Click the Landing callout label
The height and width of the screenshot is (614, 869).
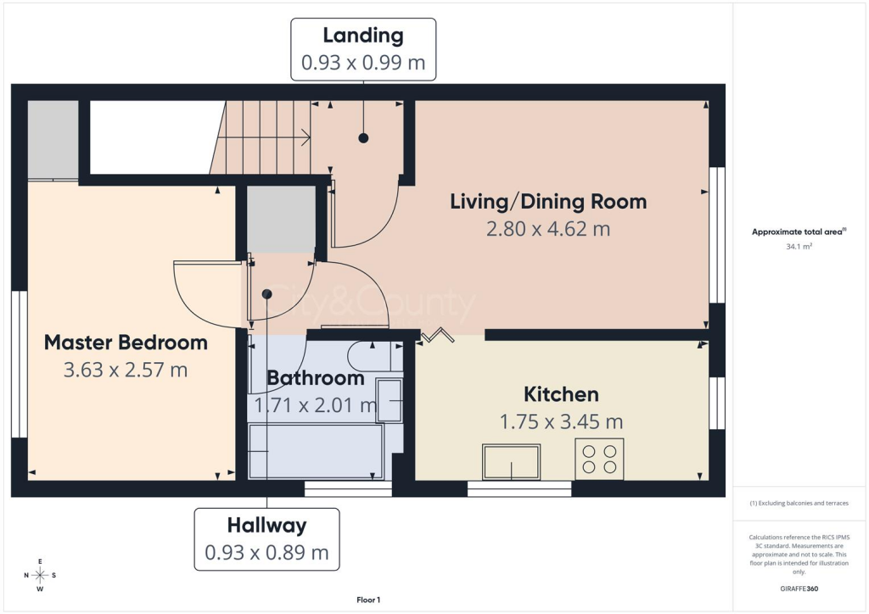(x=363, y=36)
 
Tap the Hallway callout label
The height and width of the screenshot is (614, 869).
(x=266, y=525)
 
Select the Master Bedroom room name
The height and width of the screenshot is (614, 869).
(x=126, y=342)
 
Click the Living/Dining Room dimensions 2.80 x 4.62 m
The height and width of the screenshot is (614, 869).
(x=548, y=229)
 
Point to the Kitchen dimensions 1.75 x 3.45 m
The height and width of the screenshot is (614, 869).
(x=562, y=421)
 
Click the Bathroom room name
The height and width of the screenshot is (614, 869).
(x=316, y=378)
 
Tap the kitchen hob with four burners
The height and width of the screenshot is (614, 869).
(x=599, y=459)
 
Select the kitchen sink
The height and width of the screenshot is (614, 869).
(x=511, y=461)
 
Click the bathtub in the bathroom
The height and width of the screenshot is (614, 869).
(x=316, y=450)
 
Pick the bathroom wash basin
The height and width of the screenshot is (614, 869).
(x=389, y=399)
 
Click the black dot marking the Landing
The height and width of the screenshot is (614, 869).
(x=363, y=138)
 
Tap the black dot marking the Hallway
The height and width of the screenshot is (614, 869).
(x=267, y=294)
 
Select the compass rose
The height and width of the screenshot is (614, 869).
(x=40, y=575)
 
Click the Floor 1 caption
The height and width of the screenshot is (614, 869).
(x=368, y=600)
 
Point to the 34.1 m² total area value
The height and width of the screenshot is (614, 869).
(x=799, y=247)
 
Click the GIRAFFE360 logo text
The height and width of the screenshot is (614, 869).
(x=799, y=589)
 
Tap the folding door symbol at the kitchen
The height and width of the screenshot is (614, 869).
(x=437, y=336)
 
